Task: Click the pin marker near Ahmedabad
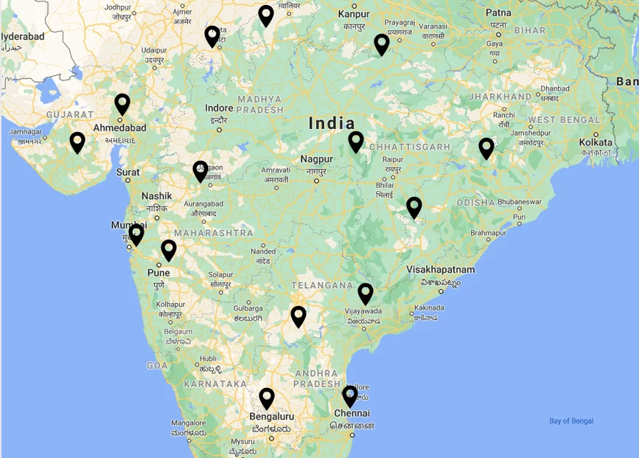(122, 104)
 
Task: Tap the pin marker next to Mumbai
(136, 235)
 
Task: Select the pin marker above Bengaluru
(267, 398)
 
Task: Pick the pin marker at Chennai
(350, 396)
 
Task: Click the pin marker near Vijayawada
(366, 294)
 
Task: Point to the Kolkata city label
(596, 142)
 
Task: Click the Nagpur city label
(316, 159)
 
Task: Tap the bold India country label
(332, 123)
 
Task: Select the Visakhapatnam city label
(441, 270)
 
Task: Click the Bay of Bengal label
(571, 421)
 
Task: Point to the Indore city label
(219, 108)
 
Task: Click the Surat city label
(128, 173)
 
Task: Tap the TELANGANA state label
(322, 285)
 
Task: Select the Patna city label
(498, 13)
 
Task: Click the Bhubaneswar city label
(515, 201)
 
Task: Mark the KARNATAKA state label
(215, 384)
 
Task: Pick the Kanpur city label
(354, 14)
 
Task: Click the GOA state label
(158, 365)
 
